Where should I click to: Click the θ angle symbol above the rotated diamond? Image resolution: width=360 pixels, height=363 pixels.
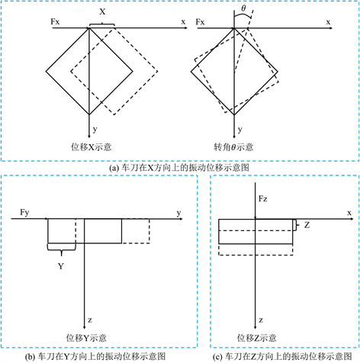click(x=243, y=8)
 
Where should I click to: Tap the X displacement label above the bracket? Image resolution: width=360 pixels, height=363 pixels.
click(x=102, y=11)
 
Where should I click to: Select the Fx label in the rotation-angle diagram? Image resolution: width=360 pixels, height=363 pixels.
click(x=200, y=22)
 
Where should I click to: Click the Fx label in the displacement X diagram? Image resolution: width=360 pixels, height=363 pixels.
click(x=55, y=21)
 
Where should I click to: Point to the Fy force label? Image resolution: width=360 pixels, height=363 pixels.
click(x=24, y=213)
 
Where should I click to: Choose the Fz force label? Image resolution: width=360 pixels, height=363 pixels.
click(x=263, y=199)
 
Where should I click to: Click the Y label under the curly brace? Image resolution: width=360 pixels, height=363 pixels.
click(x=61, y=266)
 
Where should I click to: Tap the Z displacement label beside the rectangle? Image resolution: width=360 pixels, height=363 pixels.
click(x=307, y=225)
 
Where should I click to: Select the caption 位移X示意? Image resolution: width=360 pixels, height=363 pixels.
click(x=91, y=147)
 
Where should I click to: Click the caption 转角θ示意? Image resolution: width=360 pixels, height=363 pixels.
click(x=233, y=147)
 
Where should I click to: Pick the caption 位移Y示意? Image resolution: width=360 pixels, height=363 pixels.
click(x=86, y=338)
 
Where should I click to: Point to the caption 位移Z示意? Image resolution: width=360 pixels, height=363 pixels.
click(x=256, y=338)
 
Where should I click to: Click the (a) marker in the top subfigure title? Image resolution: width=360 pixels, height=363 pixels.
click(x=114, y=168)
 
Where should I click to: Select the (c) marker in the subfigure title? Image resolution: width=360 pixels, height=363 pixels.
click(x=217, y=357)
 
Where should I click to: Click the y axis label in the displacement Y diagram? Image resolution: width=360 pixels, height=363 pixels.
click(x=179, y=213)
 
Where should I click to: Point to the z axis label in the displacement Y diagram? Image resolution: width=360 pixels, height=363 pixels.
click(x=90, y=320)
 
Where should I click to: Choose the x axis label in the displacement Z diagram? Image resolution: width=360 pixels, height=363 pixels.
click(x=349, y=213)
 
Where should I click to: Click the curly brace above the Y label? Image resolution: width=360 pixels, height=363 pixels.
click(x=61, y=250)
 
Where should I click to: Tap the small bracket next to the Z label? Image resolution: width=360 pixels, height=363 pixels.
click(x=295, y=225)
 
